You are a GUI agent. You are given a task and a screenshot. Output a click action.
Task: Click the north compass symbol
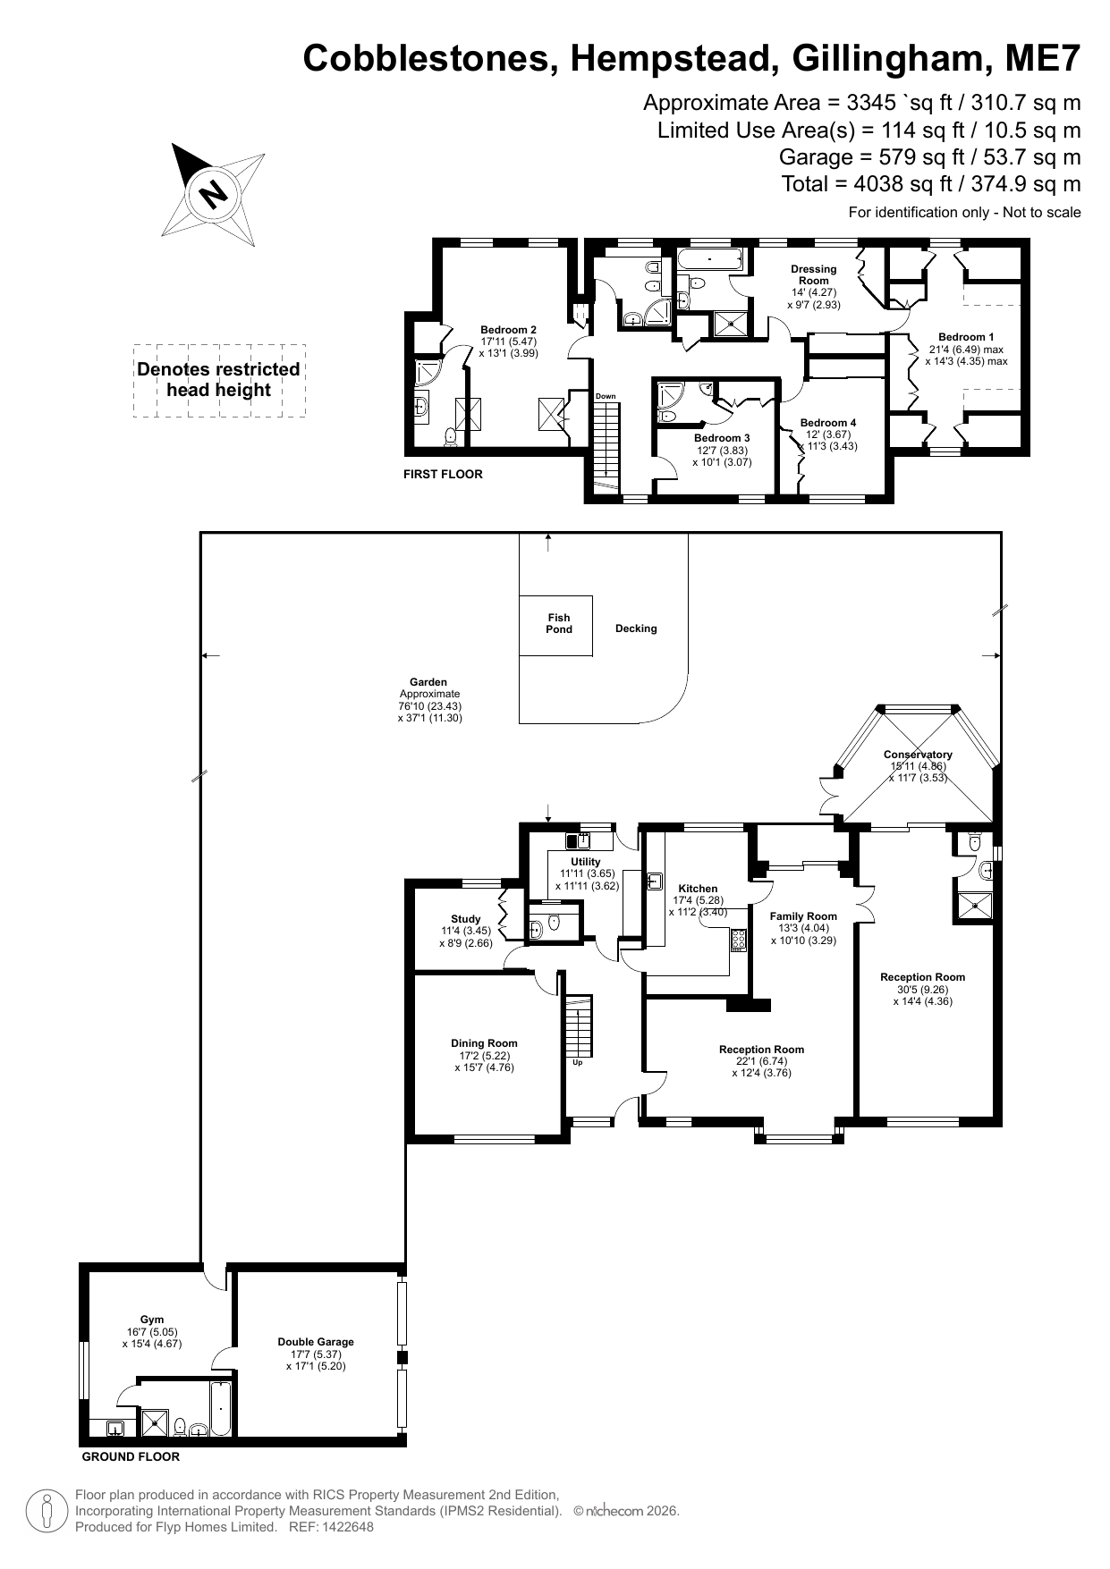point(213,194)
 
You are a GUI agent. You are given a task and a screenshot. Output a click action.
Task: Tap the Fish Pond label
point(559,623)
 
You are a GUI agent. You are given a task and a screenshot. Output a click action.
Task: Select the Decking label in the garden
point(636,628)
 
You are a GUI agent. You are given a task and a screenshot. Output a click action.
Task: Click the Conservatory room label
point(918,755)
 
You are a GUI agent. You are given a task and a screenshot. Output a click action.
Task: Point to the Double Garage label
point(316,1342)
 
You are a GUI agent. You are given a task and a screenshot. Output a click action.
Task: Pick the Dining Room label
point(484,1043)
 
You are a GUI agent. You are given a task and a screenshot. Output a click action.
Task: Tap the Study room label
point(466,919)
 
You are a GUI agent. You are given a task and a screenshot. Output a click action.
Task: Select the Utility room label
point(586,862)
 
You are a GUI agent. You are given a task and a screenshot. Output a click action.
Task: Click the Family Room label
point(803,915)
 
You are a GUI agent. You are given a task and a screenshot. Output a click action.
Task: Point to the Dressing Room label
point(814,274)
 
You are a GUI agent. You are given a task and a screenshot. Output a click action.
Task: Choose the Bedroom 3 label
point(722,438)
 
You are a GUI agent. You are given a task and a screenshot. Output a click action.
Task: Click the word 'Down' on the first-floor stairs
point(606,396)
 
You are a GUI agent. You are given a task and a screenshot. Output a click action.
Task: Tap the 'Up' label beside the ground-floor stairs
point(577,1063)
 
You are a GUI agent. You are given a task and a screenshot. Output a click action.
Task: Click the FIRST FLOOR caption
point(443,475)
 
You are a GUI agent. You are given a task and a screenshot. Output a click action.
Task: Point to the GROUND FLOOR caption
point(131,1457)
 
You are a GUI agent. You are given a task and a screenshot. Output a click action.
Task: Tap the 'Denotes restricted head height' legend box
point(219,380)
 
